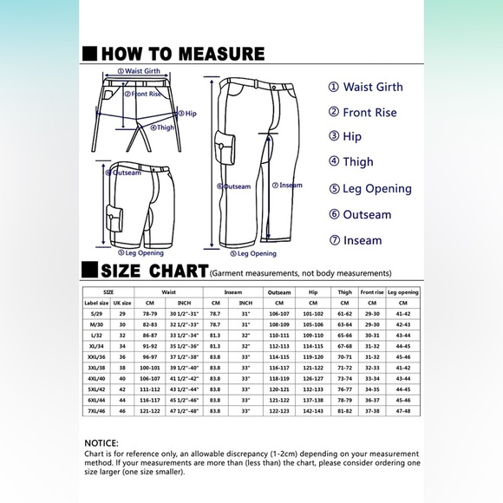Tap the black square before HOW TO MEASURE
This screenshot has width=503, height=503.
tap(88, 53)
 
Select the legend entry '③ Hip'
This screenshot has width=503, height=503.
tap(345, 136)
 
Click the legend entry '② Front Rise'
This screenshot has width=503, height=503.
tap(363, 112)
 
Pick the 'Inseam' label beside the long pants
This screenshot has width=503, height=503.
tap(289, 185)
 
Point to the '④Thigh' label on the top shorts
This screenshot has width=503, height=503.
tap(162, 127)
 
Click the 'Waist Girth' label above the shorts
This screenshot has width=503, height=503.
tap(142, 71)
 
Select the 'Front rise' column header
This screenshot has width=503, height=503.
tap(371, 292)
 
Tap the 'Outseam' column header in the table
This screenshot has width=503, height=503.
tap(279, 292)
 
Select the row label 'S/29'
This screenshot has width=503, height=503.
tap(96, 314)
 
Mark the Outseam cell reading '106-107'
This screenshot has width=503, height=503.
tap(279, 314)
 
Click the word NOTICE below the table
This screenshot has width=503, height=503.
tap(102, 441)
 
